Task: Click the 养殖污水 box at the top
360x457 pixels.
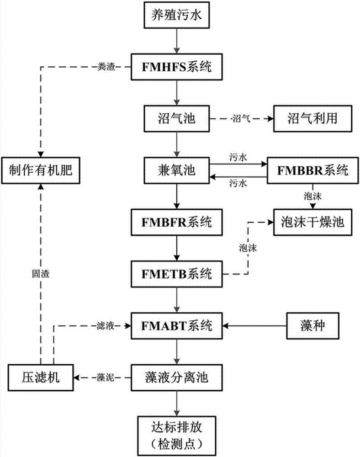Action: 176,17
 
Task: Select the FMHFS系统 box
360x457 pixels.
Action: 176,67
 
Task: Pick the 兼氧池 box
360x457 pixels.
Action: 176,171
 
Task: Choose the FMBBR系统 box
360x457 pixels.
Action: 312,171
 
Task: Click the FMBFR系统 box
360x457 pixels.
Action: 176,223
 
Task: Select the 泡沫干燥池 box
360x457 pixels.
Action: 312,223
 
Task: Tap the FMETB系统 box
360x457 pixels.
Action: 176,274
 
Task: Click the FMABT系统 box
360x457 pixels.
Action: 176,326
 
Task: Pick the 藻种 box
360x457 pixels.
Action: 312,326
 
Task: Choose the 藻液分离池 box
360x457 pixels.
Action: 176,378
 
